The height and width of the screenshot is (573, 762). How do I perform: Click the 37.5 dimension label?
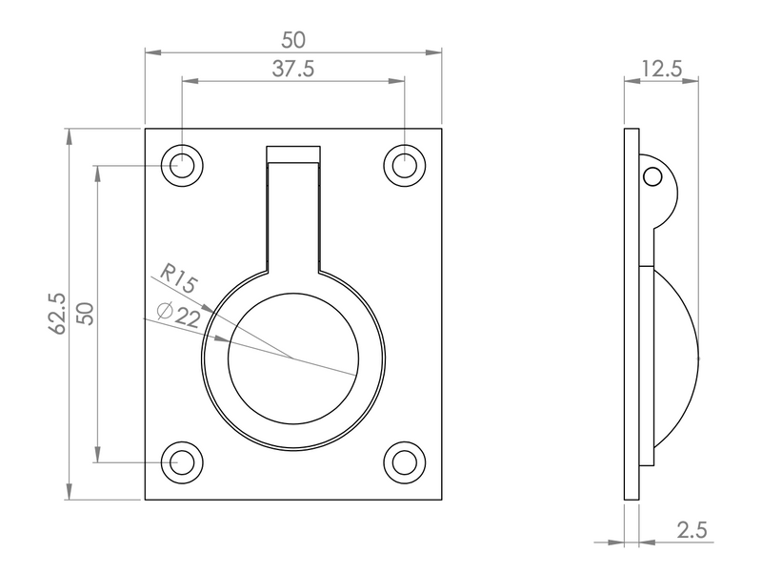tap(293, 69)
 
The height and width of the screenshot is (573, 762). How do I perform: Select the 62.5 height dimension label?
tap(57, 314)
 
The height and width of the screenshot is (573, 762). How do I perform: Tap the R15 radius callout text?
tap(178, 277)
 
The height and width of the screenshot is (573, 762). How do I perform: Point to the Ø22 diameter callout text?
tap(179, 316)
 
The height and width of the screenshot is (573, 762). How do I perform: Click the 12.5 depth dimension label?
tap(661, 69)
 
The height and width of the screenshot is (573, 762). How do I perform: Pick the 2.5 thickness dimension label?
tap(692, 530)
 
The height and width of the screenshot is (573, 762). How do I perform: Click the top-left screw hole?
tap(182, 166)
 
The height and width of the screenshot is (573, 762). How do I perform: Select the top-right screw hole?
tap(404, 166)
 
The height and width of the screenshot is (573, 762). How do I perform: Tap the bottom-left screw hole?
tap(182, 462)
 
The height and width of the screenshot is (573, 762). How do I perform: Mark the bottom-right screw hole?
tap(404, 462)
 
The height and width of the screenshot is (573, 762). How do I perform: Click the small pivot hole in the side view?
tap(652, 176)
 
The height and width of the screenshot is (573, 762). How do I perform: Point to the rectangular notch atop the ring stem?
tap(293, 153)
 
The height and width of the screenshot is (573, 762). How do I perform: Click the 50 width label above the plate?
tap(293, 40)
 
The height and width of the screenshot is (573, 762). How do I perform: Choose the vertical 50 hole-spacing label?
tap(87, 314)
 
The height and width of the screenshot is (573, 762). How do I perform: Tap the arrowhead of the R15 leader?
tap(208, 308)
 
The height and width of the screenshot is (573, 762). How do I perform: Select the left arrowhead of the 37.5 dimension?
tap(190, 81)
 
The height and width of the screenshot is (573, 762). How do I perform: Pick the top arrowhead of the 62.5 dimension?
tap(69, 136)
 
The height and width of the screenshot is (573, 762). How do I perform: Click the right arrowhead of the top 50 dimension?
tap(433, 52)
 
